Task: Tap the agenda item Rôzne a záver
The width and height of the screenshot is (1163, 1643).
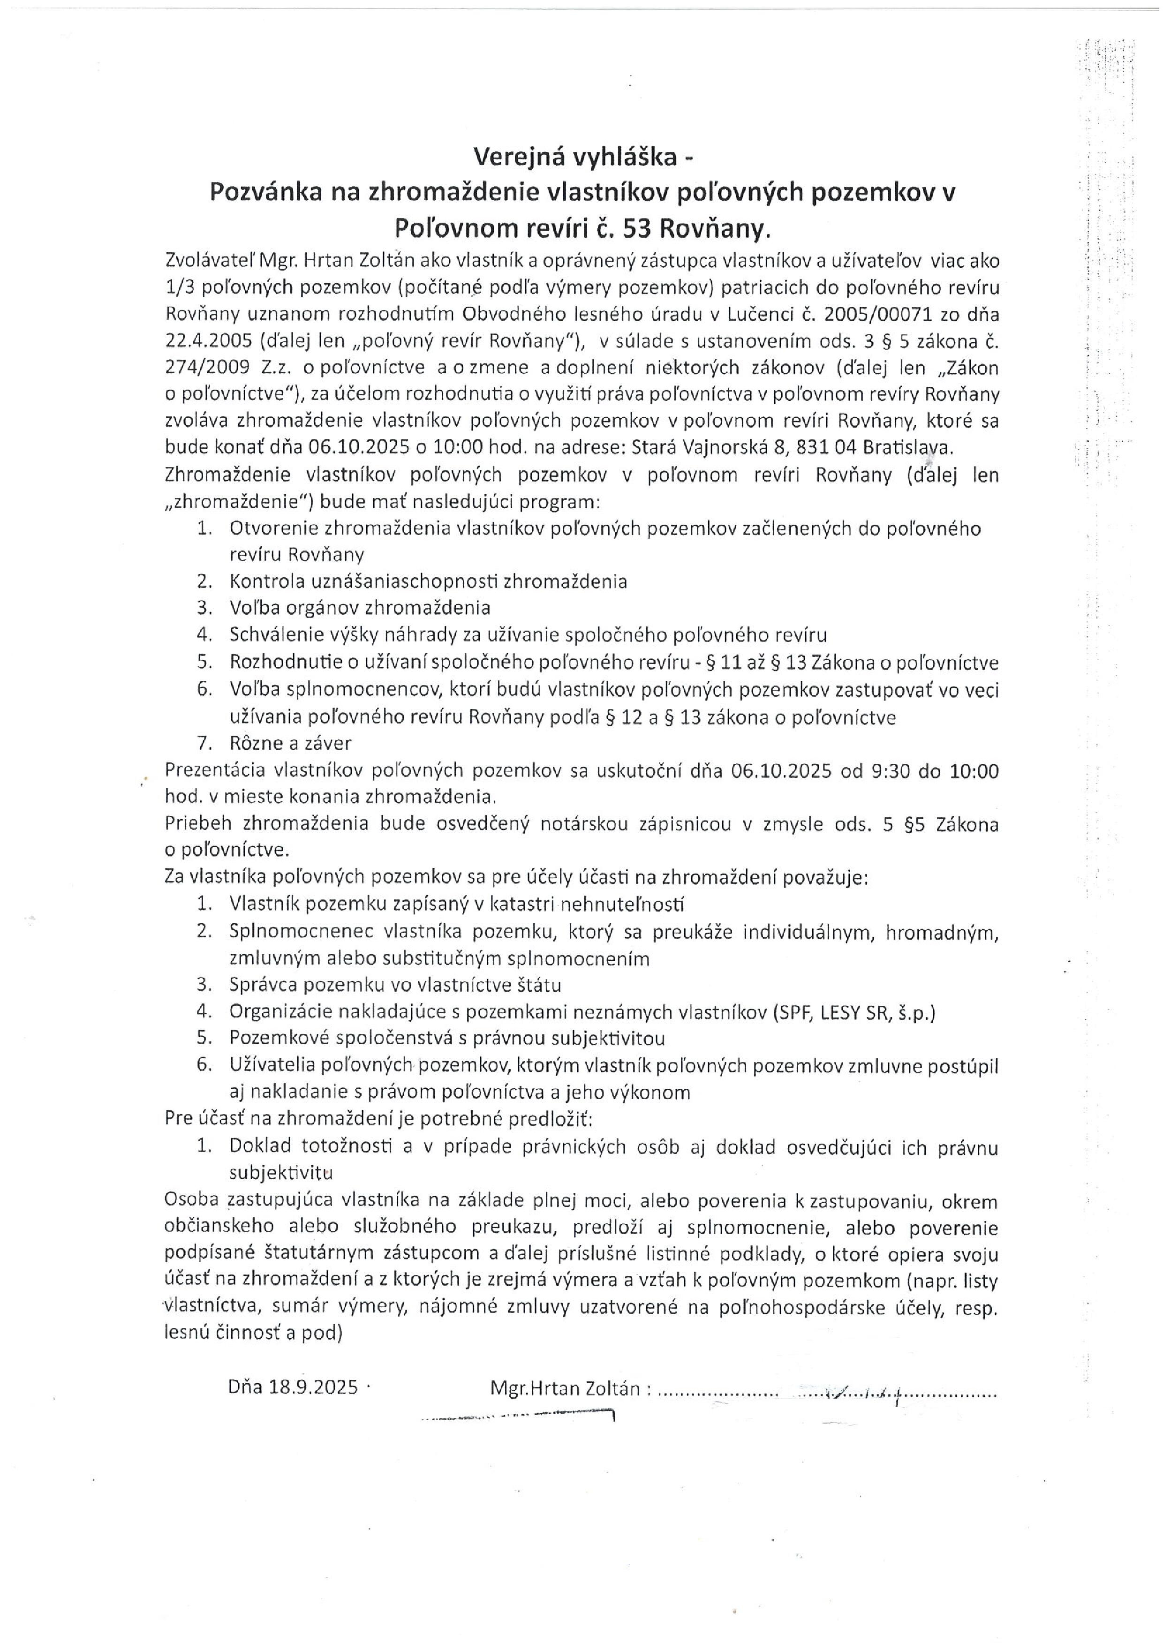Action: (x=290, y=743)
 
